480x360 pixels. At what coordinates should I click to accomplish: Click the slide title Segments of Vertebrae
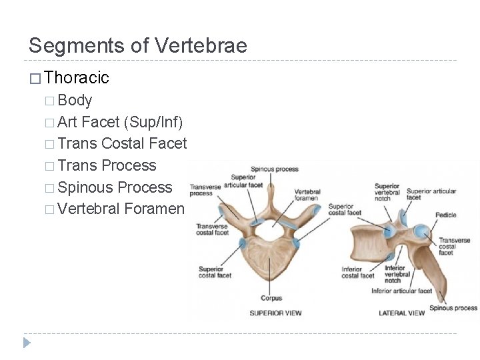(137, 45)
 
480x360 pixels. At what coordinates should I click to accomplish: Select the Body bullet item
(75, 101)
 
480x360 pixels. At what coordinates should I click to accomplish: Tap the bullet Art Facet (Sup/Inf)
(120, 122)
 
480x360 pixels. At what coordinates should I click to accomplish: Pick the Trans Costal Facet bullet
(122, 143)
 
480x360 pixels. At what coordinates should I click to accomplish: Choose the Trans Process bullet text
(107, 165)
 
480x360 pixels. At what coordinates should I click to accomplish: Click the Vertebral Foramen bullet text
(121, 209)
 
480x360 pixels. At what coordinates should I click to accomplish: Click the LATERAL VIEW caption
(401, 313)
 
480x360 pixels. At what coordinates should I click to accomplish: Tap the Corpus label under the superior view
(271, 298)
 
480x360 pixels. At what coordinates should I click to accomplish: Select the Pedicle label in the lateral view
(445, 215)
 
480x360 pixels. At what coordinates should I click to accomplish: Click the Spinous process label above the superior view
(275, 169)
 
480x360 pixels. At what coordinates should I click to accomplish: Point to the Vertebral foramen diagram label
(307, 195)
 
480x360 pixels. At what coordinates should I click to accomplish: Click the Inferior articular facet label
(401, 291)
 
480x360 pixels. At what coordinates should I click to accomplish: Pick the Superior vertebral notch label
(387, 192)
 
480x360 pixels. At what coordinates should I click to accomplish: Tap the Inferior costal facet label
(357, 273)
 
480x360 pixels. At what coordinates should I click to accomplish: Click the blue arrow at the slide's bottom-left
(27, 343)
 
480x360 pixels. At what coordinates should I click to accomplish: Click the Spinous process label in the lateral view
(453, 308)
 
